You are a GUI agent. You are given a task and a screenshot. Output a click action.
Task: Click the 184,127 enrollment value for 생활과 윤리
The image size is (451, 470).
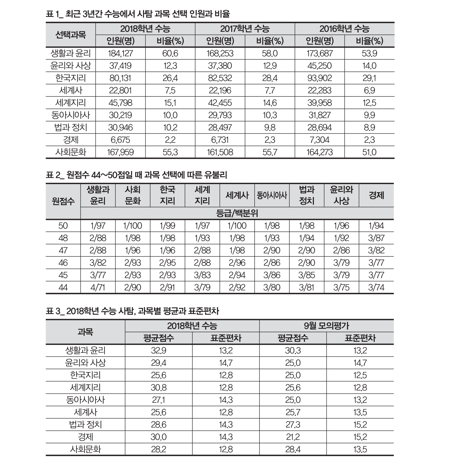(x=120, y=53)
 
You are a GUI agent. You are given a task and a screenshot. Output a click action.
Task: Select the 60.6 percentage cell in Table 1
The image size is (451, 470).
(x=170, y=53)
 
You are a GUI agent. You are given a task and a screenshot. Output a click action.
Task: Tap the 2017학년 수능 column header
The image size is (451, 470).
(x=245, y=29)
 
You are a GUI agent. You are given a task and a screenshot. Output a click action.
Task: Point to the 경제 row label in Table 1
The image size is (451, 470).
(x=71, y=140)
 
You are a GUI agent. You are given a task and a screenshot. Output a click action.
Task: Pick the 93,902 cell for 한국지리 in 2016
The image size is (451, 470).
(x=320, y=78)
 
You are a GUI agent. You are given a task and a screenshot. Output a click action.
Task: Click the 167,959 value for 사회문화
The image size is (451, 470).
(x=120, y=152)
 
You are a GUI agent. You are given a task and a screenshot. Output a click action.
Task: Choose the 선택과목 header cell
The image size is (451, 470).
(x=71, y=35)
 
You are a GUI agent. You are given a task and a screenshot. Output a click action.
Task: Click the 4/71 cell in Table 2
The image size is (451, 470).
(x=98, y=287)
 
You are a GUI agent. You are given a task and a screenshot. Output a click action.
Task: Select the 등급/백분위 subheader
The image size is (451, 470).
(x=237, y=213)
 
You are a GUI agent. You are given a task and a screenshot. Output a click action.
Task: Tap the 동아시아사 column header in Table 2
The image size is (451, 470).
(x=272, y=195)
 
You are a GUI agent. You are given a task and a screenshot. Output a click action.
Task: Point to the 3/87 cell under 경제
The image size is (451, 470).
(x=376, y=238)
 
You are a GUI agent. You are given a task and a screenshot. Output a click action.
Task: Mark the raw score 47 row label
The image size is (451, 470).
(x=63, y=250)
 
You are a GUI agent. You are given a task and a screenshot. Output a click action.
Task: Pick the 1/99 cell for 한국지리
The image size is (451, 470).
(x=167, y=226)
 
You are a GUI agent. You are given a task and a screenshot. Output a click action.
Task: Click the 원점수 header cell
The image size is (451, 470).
(x=63, y=201)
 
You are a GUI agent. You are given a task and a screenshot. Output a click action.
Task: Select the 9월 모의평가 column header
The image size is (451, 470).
(x=326, y=326)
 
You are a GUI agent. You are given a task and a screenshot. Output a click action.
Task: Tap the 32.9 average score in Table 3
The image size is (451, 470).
(x=158, y=350)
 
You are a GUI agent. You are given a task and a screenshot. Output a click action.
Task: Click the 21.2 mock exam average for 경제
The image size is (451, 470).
(x=293, y=437)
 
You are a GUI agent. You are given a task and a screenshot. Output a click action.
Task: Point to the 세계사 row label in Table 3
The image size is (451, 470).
(x=85, y=412)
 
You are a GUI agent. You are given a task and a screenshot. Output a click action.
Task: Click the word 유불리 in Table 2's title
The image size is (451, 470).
(x=215, y=175)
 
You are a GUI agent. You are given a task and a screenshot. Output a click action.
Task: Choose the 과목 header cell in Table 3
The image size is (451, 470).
(x=85, y=332)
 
